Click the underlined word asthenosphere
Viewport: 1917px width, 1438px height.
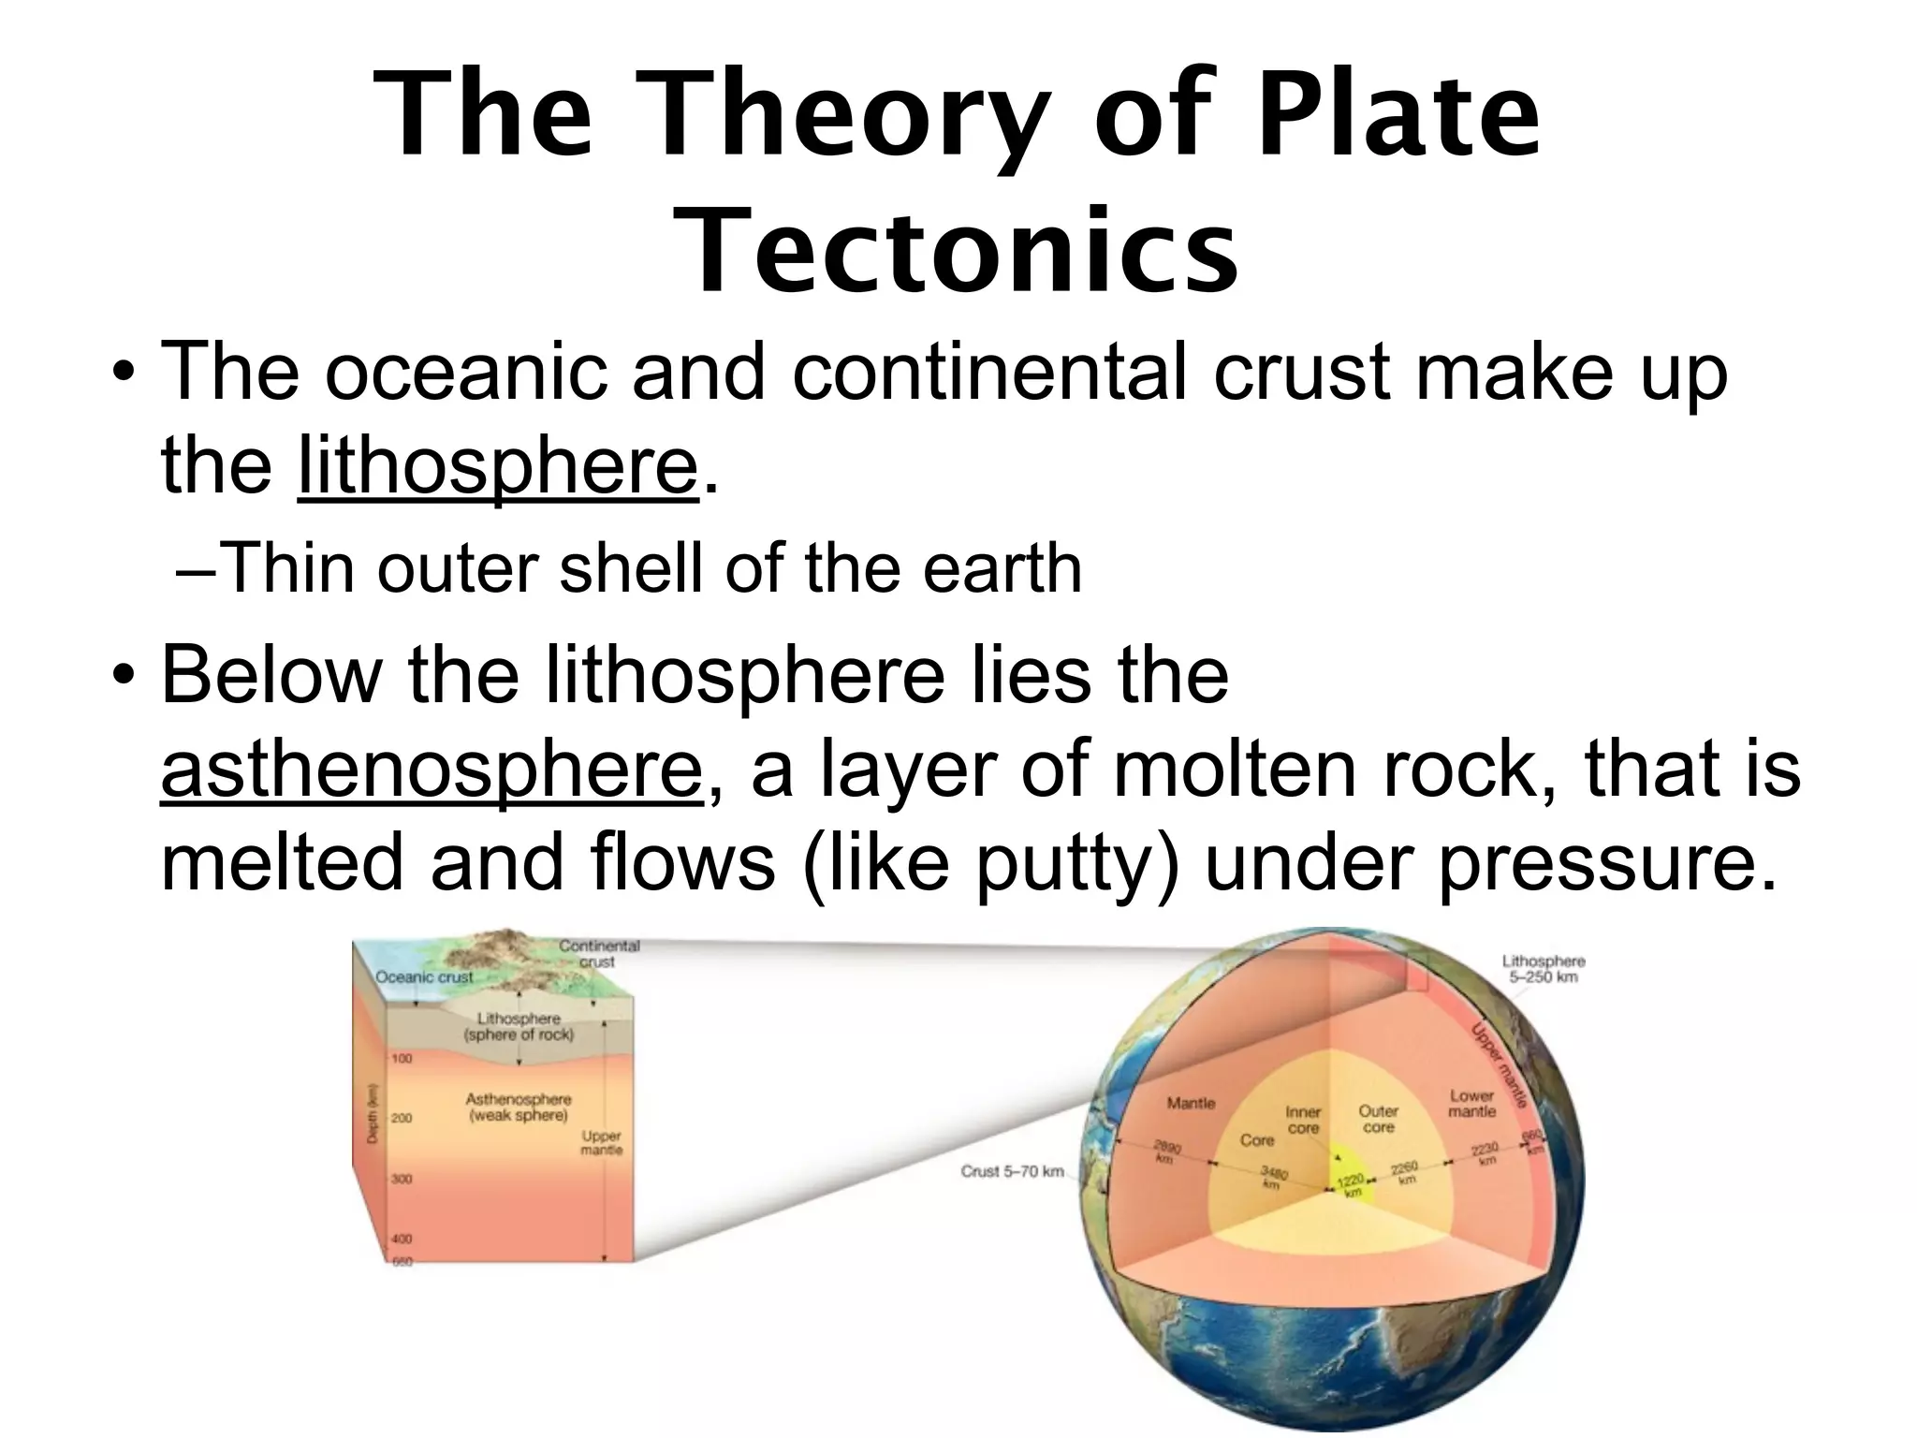pyautogui.click(x=432, y=769)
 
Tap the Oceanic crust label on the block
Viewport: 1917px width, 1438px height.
pyautogui.click(x=424, y=976)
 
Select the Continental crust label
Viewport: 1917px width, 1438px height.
pyautogui.click(x=599, y=953)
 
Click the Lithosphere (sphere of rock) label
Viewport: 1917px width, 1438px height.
pyautogui.click(x=519, y=1026)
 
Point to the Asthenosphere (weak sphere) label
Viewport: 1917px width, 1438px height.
pyautogui.click(x=519, y=1108)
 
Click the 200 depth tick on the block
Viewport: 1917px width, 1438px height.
pyautogui.click(x=402, y=1118)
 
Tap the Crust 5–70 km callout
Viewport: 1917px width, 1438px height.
pyautogui.click(x=1013, y=1171)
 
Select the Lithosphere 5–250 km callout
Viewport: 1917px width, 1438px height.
pyautogui.click(x=1544, y=969)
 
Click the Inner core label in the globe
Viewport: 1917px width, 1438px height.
pyautogui.click(x=1303, y=1120)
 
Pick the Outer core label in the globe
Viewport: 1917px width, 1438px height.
pyautogui.click(x=1378, y=1119)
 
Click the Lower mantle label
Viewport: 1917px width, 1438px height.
pyautogui.click(x=1471, y=1103)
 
